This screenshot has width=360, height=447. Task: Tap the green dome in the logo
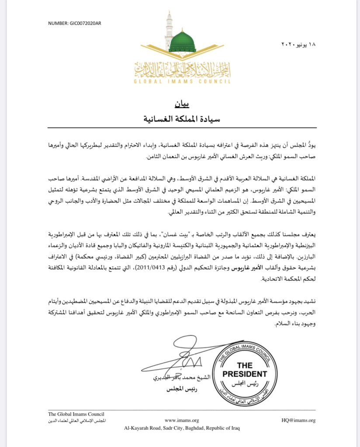[182, 42]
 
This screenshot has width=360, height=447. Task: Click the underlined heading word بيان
[180, 105]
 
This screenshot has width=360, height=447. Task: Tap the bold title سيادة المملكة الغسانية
[180, 117]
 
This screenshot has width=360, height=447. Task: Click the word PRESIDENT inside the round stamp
[244, 374]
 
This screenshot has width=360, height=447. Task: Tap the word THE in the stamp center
[244, 365]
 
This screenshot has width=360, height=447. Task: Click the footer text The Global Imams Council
[76, 414]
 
